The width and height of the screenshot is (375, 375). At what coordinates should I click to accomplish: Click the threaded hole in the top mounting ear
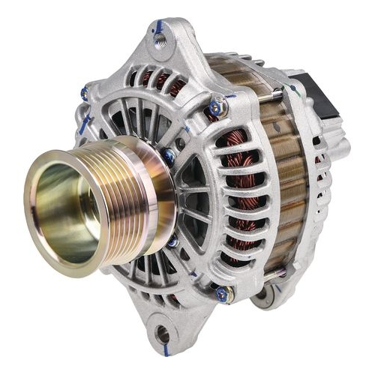point(160,34)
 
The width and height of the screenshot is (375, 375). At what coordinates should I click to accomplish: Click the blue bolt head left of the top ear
point(85,94)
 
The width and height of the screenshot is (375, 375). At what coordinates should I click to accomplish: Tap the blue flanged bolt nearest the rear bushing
point(222,294)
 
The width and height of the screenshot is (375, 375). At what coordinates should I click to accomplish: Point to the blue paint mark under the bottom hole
point(160,349)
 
